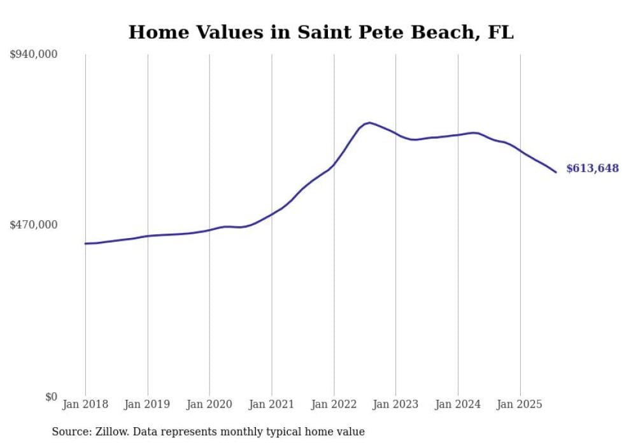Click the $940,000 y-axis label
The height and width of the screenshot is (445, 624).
(x=33, y=55)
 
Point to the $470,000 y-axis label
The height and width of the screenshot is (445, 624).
(x=33, y=225)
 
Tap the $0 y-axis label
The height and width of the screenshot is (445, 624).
(x=52, y=397)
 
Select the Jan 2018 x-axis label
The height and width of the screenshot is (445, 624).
(x=85, y=404)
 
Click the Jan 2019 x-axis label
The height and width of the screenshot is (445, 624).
(x=148, y=404)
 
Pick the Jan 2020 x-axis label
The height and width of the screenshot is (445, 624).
(x=209, y=404)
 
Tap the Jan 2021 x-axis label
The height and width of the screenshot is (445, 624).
(x=272, y=404)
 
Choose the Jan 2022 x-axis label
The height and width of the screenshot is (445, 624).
(x=334, y=404)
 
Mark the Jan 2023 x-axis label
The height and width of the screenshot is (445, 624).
(x=396, y=404)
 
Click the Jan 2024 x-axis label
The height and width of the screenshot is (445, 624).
(x=458, y=404)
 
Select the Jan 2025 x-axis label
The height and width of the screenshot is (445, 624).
(x=520, y=404)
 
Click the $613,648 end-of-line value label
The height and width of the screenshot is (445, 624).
(x=592, y=169)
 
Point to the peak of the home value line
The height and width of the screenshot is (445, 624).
(x=369, y=122)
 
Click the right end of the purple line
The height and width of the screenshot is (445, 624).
(x=556, y=172)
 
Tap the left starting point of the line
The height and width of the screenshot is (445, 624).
(x=85, y=243)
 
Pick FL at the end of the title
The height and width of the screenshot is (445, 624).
(x=500, y=32)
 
